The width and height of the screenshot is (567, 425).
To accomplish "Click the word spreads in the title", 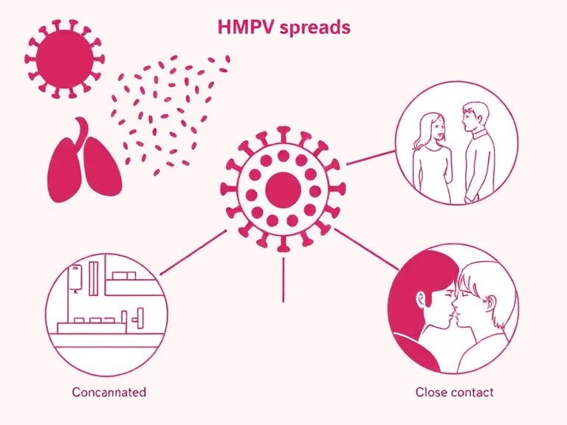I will [x=312, y=28].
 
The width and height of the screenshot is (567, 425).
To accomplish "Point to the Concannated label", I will [x=109, y=392].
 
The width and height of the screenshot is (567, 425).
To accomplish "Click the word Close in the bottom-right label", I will [x=430, y=392].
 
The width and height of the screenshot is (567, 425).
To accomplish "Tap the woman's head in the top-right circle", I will [x=430, y=126].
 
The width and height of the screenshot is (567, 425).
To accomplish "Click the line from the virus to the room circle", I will [x=193, y=253].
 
